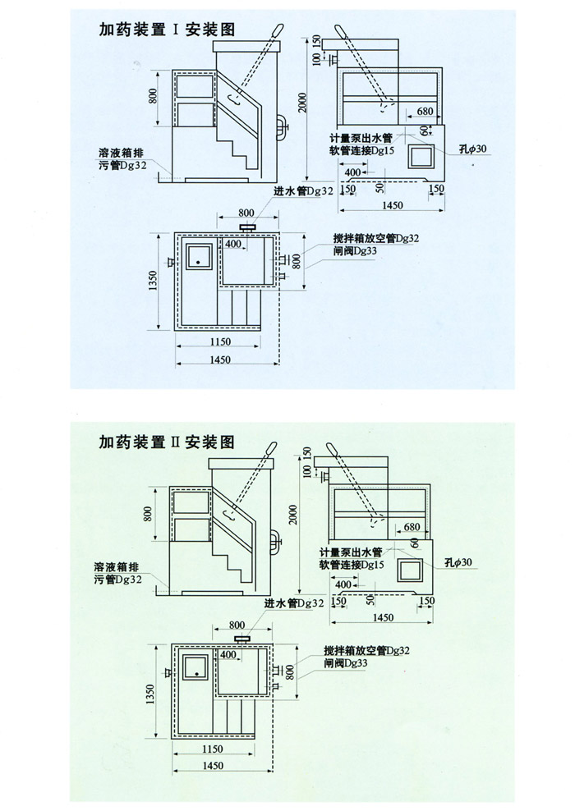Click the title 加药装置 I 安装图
168,30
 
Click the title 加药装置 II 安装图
168,444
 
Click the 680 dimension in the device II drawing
413,526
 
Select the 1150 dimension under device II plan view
212,749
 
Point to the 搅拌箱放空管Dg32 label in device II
366,650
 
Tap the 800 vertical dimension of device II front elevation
149,514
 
